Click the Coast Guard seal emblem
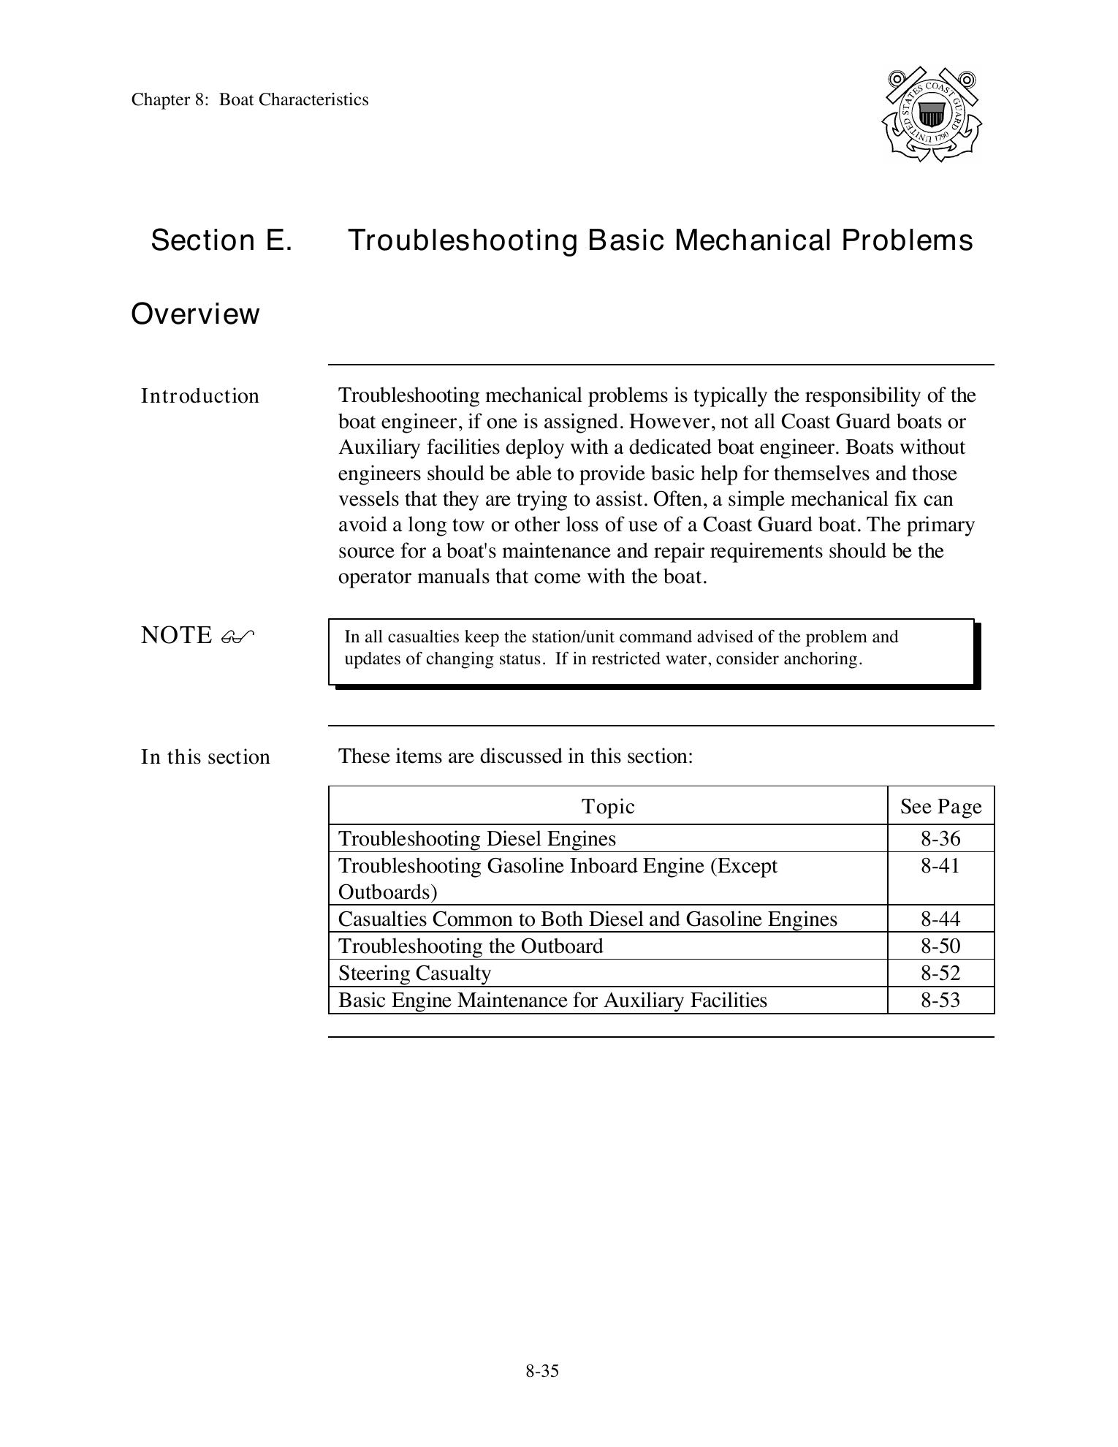[x=932, y=115]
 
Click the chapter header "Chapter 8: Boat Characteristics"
[x=250, y=99]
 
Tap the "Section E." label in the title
[x=221, y=240]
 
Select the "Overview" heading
[x=195, y=314]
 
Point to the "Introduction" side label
[x=200, y=396]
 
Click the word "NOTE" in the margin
[x=176, y=635]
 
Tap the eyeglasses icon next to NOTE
[x=237, y=637]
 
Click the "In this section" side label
[x=205, y=756]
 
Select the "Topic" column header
[x=608, y=806]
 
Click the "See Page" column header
[x=940, y=806]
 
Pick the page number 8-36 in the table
[x=940, y=838]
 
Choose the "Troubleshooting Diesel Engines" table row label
[x=477, y=838]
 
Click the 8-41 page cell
[x=940, y=866]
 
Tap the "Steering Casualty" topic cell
[x=414, y=973]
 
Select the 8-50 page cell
[x=940, y=946]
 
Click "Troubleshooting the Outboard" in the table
[x=471, y=946]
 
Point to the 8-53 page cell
[x=940, y=1000]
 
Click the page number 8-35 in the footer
[x=542, y=1371]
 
